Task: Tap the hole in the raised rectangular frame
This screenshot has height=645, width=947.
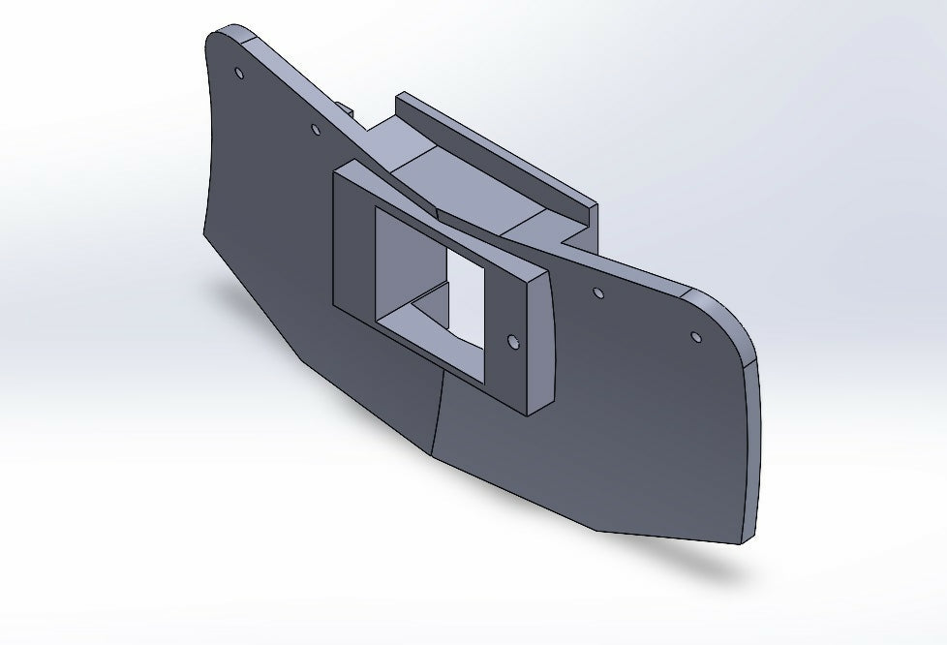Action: [x=513, y=341]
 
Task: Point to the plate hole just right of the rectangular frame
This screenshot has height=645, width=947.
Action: [x=598, y=292]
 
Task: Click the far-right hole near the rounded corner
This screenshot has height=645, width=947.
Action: [x=695, y=337]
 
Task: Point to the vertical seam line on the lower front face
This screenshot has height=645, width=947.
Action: [x=438, y=407]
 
